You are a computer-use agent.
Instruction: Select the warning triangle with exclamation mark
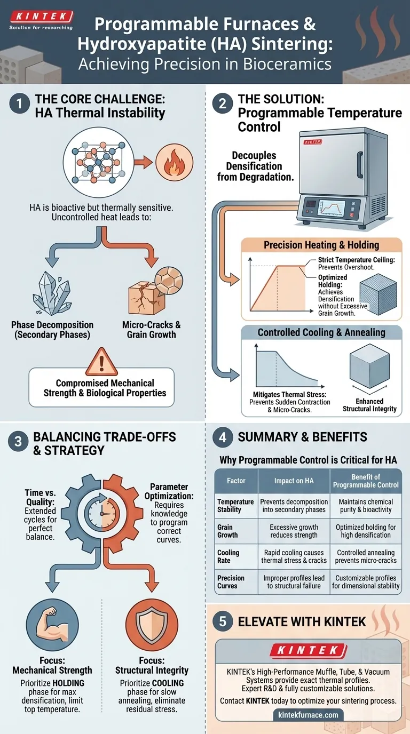point(101,362)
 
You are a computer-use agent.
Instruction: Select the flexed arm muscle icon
point(52,627)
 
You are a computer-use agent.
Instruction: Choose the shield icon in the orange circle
point(152,627)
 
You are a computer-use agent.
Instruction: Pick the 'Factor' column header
point(236,481)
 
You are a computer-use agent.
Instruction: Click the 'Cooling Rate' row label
point(228,556)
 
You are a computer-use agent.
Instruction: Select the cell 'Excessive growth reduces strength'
point(294,531)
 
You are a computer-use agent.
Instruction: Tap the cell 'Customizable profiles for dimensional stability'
point(366,581)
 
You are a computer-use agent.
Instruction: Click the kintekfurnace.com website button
point(308,714)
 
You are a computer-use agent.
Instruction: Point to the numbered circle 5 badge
point(223,621)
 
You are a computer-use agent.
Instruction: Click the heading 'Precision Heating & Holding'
point(321,245)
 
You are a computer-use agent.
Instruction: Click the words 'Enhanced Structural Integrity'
point(370,405)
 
